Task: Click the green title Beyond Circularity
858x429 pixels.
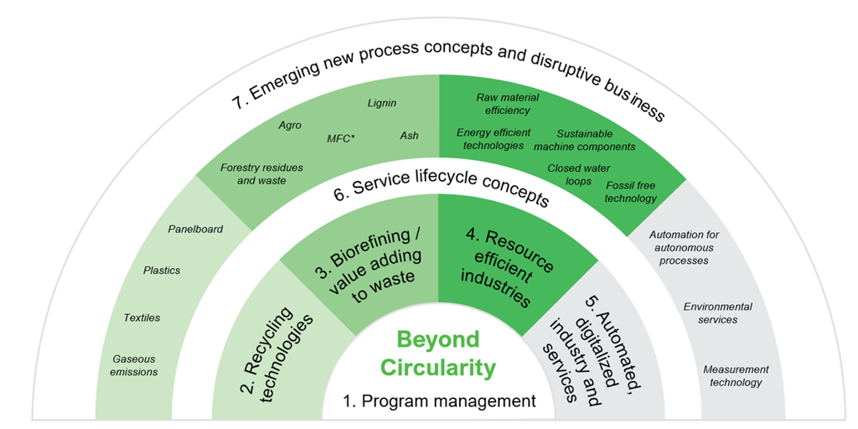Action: [x=437, y=354]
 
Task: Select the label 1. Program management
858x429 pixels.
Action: [x=439, y=401]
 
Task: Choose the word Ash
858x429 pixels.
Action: [x=409, y=135]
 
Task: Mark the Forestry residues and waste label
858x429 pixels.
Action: [x=261, y=173]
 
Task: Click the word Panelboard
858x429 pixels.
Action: [x=195, y=230]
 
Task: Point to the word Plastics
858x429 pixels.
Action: [x=162, y=271]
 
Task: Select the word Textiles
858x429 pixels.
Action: [x=142, y=318]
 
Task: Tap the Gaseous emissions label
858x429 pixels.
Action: [x=135, y=365]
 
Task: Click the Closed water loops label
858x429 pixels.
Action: [x=578, y=174]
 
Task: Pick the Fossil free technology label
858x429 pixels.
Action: [x=630, y=191]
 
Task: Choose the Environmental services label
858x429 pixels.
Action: [x=718, y=313]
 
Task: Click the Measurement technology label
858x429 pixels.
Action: [x=736, y=376]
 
